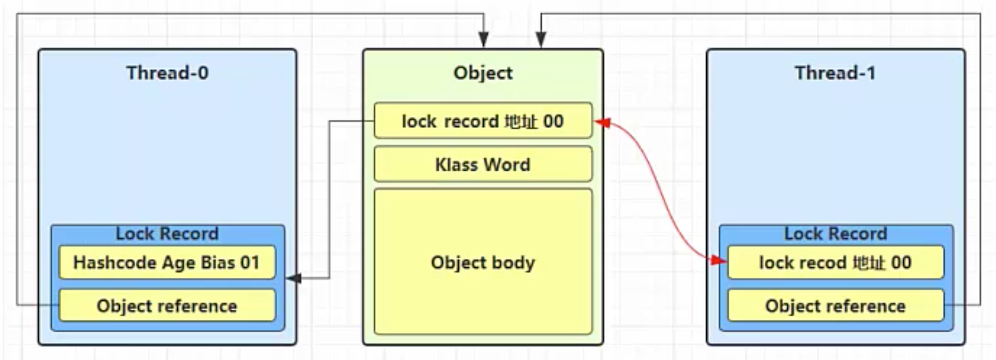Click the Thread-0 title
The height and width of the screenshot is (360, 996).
(x=167, y=73)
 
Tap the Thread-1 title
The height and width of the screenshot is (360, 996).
(x=835, y=73)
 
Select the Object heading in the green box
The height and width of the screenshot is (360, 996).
(x=483, y=73)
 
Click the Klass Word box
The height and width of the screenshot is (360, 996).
(x=483, y=164)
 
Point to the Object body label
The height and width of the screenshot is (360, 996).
(x=483, y=262)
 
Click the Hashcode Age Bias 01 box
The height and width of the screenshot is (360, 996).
(x=167, y=262)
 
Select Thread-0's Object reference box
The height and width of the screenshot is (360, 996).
(x=167, y=305)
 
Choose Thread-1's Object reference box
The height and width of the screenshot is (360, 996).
(x=835, y=305)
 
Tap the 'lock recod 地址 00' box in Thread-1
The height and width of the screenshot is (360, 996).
(x=835, y=262)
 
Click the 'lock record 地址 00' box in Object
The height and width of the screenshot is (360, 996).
(x=483, y=120)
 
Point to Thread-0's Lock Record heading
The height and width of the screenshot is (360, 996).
(x=167, y=234)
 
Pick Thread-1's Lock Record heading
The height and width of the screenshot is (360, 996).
(x=835, y=234)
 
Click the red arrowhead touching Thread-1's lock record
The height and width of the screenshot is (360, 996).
(x=719, y=260)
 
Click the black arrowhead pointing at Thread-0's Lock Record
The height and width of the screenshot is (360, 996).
(x=293, y=278)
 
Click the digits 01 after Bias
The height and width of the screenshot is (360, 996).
(x=250, y=262)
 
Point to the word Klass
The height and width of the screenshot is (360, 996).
(x=456, y=165)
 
